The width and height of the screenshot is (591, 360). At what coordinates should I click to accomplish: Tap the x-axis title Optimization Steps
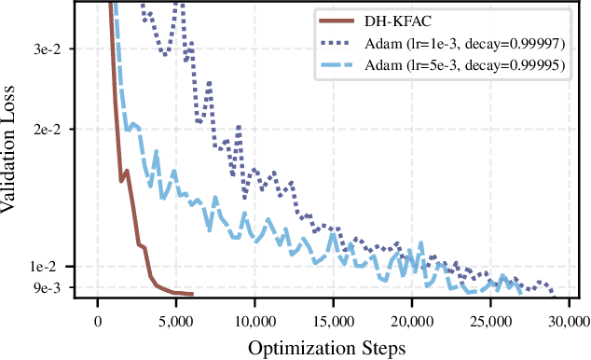click(x=326, y=349)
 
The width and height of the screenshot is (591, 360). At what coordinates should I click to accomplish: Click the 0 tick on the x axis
click(x=98, y=321)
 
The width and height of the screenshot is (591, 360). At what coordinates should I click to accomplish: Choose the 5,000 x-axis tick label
click(x=175, y=321)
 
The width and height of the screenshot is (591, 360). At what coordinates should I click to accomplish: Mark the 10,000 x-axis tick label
click(x=254, y=321)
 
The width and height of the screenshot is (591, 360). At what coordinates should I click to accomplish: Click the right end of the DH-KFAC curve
click(x=192, y=294)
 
